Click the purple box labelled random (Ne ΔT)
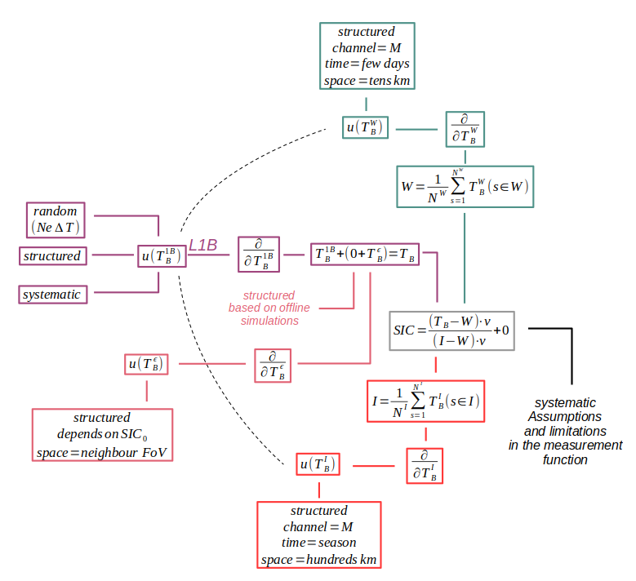56,219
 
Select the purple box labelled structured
52,256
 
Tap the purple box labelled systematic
52,295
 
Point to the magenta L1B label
203,245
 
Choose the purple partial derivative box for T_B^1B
259,255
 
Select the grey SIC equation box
451,330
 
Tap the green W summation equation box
465,186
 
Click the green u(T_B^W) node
365,127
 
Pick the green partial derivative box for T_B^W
465,129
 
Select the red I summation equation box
425,401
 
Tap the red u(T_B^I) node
318,465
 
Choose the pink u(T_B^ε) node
147,364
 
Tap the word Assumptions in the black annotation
564,416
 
